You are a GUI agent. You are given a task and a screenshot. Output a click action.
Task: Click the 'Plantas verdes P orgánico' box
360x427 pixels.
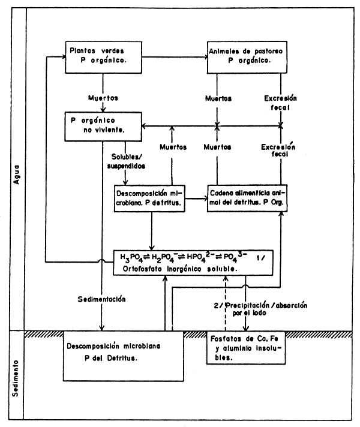103,56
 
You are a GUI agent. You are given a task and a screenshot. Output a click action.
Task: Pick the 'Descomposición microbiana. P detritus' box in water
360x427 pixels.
150,199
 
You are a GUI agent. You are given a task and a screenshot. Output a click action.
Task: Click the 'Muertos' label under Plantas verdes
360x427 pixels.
103,97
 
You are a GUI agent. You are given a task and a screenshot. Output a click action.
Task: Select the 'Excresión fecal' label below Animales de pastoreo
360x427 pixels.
280,102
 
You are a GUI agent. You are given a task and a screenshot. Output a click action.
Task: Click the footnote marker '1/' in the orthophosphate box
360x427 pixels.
261,258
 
